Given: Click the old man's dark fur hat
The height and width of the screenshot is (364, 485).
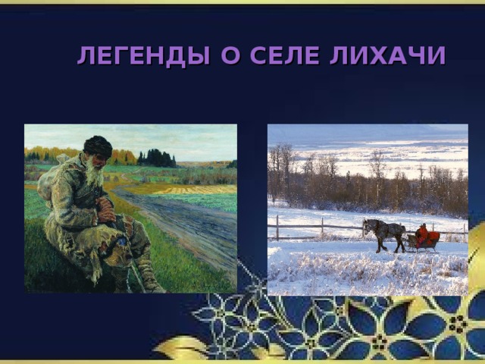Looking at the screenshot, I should tap(97, 146).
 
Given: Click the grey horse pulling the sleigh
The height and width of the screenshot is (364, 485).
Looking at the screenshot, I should tap(383, 232).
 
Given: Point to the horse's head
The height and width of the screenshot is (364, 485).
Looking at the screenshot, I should tap(367, 227).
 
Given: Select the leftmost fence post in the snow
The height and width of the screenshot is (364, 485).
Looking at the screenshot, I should tap(277, 227).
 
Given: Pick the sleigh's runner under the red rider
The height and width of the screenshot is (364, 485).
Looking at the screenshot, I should tap(422, 249).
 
